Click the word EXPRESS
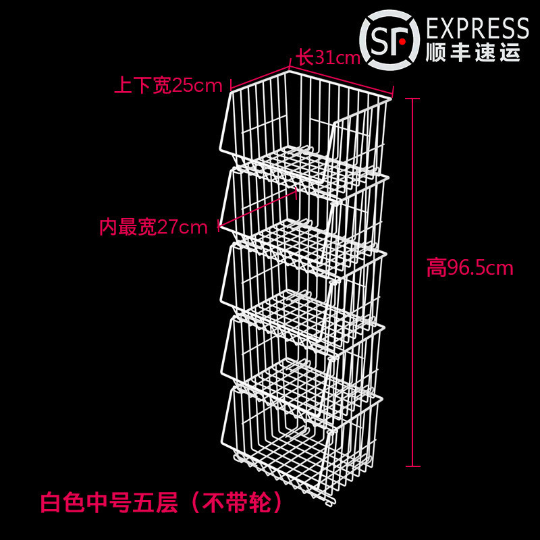(x=478, y=29)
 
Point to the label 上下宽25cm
(x=168, y=86)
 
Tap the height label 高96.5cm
(x=470, y=269)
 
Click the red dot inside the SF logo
(x=401, y=40)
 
